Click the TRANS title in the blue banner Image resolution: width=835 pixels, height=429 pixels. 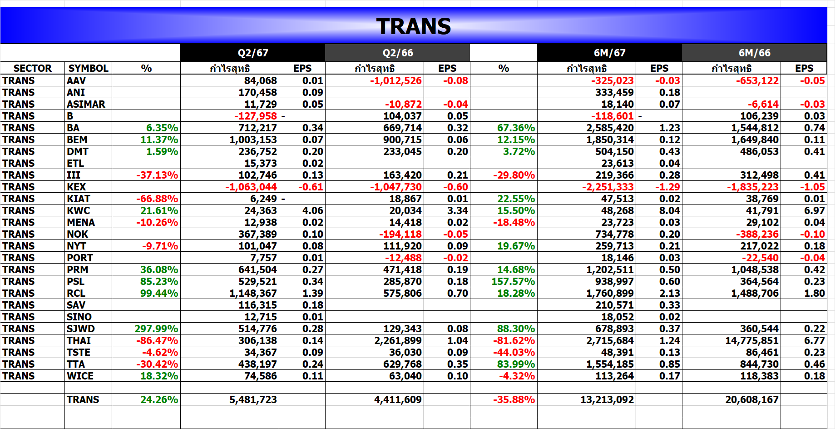413,26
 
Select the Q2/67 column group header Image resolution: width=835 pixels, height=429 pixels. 253,53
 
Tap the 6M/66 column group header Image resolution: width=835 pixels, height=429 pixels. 754,53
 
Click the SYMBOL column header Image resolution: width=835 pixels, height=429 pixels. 88,68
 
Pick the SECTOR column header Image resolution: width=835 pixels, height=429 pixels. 32,68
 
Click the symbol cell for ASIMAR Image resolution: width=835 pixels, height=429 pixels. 86,104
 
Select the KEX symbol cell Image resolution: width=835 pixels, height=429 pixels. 76,187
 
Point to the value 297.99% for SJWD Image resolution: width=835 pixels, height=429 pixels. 156,329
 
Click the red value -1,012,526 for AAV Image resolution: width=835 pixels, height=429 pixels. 395,80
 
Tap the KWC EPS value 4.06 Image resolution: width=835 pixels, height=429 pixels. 313,210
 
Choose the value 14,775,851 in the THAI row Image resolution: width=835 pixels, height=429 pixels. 752,340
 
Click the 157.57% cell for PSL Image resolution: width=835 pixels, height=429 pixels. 513,281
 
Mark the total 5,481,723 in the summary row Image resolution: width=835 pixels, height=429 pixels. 253,399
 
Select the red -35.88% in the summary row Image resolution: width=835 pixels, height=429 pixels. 514,399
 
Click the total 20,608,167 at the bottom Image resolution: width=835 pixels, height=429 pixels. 752,399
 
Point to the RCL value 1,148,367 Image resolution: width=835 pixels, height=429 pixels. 253,293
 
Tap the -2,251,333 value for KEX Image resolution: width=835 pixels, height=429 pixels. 608,187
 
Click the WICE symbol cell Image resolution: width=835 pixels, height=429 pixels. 80,376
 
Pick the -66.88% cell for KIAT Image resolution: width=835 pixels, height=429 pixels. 157,199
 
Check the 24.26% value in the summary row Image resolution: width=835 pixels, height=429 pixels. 159,399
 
